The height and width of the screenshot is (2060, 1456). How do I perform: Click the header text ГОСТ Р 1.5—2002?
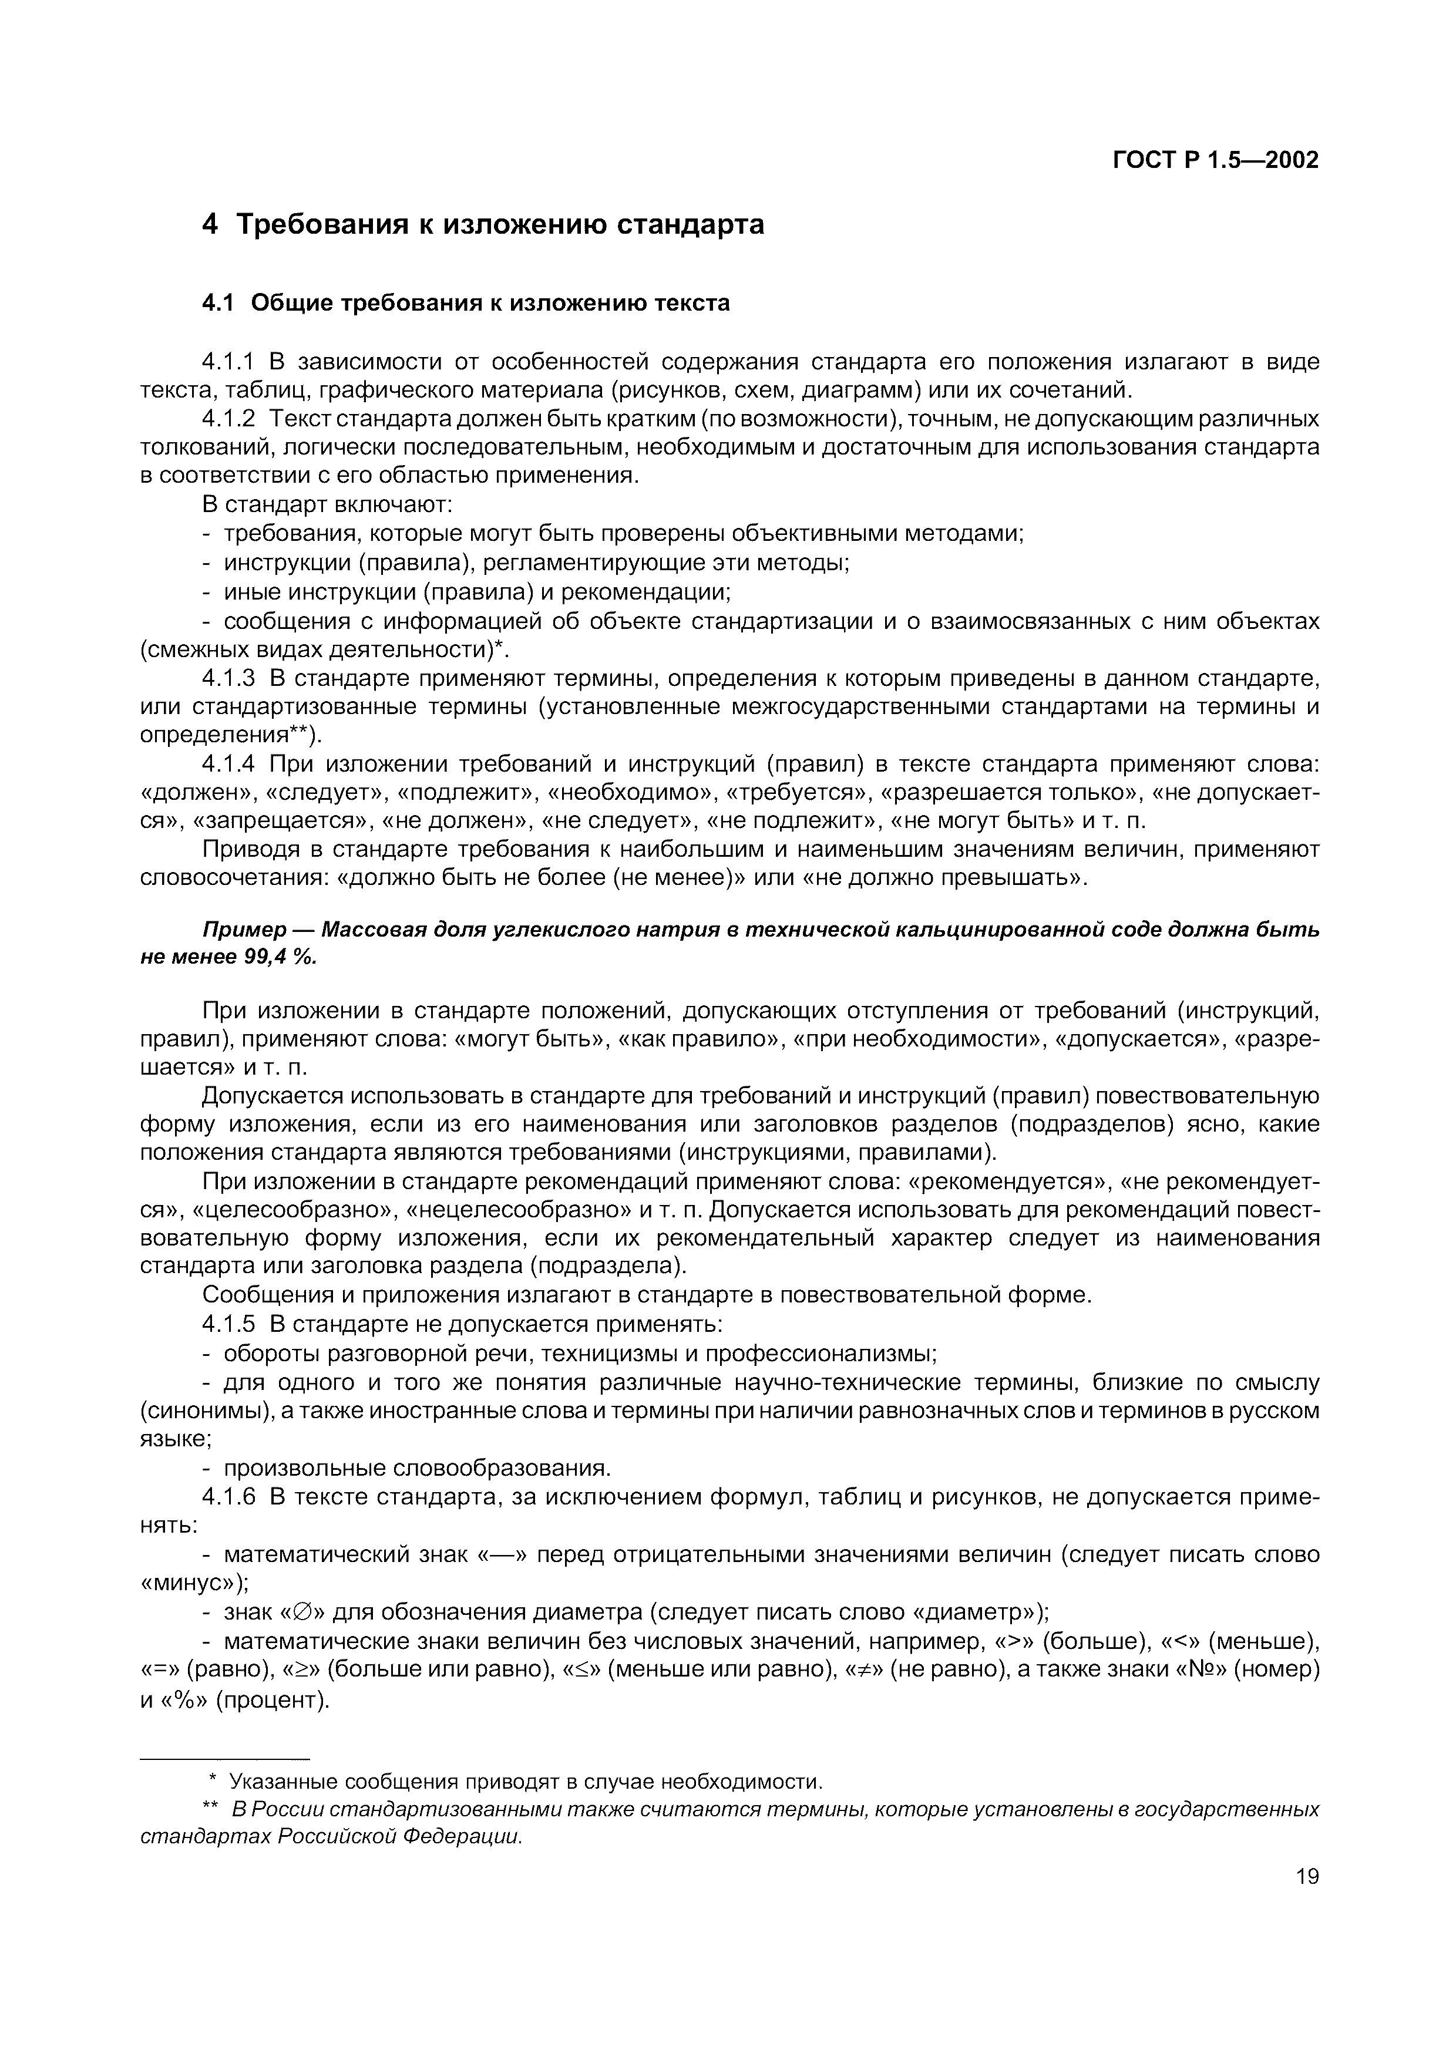coord(1216,160)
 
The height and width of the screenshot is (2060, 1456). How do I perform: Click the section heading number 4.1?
coord(217,303)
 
